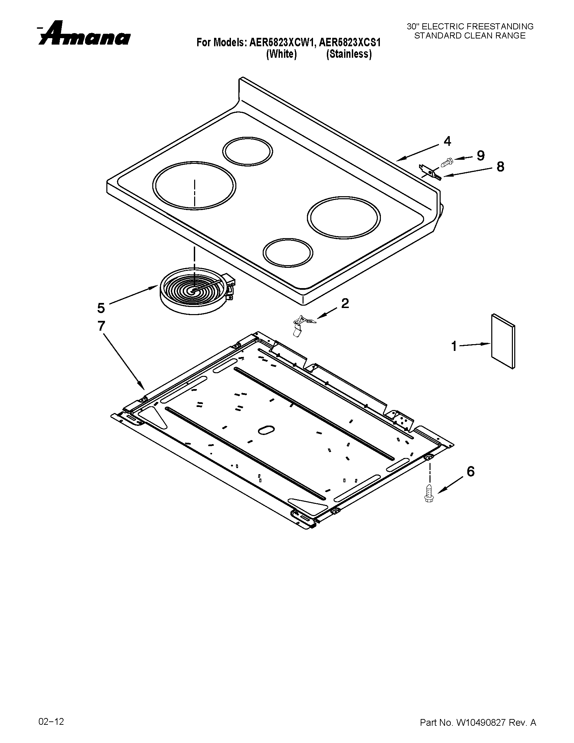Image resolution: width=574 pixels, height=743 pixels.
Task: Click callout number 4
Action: coord(447,141)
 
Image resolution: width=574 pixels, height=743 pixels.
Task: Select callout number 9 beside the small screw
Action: coord(480,155)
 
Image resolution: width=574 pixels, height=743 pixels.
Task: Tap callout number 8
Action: coord(500,167)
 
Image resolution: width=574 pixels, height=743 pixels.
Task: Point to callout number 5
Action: coord(101,308)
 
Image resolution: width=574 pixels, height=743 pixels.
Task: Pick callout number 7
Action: coord(101,326)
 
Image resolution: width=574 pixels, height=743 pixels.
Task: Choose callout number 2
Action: coord(345,303)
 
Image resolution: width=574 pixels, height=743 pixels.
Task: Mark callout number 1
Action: coord(454,346)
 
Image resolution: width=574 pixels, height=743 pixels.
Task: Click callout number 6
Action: coord(470,471)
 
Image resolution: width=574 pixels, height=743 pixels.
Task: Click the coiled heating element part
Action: coord(194,290)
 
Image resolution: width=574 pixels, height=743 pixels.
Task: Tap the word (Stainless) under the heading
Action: coord(348,54)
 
